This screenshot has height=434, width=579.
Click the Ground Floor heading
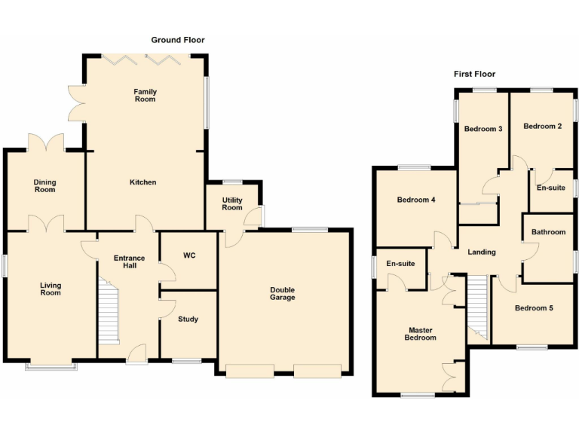click(x=178, y=40)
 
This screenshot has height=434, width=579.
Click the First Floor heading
click(x=474, y=74)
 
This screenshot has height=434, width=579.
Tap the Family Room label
click(x=146, y=96)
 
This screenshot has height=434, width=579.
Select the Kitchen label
click(x=142, y=182)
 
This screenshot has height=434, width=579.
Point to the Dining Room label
click(x=44, y=185)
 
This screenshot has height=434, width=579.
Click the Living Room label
click(x=51, y=289)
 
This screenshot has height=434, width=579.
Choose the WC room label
click(x=189, y=255)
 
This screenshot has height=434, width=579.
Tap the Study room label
click(x=188, y=319)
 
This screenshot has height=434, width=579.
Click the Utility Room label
click(x=231, y=203)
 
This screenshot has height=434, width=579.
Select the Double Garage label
click(x=283, y=293)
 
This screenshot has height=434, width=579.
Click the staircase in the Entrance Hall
click(x=110, y=309)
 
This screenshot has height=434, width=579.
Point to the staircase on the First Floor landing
click(x=477, y=306)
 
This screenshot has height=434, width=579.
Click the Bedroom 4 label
click(x=416, y=200)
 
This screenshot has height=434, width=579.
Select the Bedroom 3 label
click(x=482, y=129)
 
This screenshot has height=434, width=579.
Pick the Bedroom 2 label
click(x=543, y=127)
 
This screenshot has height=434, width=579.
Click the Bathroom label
click(x=547, y=232)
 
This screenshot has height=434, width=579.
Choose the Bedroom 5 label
click(x=534, y=307)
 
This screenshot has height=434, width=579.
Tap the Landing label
click(x=481, y=252)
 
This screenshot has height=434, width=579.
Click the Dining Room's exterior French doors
click(x=45, y=142)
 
